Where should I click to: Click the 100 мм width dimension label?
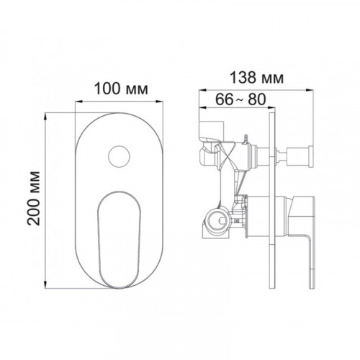(x=121, y=89)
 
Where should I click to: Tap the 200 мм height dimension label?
(x=33, y=198)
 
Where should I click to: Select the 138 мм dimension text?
(x=256, y=78)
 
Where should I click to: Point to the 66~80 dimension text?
(x=240, y=99)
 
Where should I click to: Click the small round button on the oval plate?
(x=119, y=156)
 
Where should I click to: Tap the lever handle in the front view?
(x=119, y=240)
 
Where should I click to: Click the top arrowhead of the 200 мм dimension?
(x=45, y=117)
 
